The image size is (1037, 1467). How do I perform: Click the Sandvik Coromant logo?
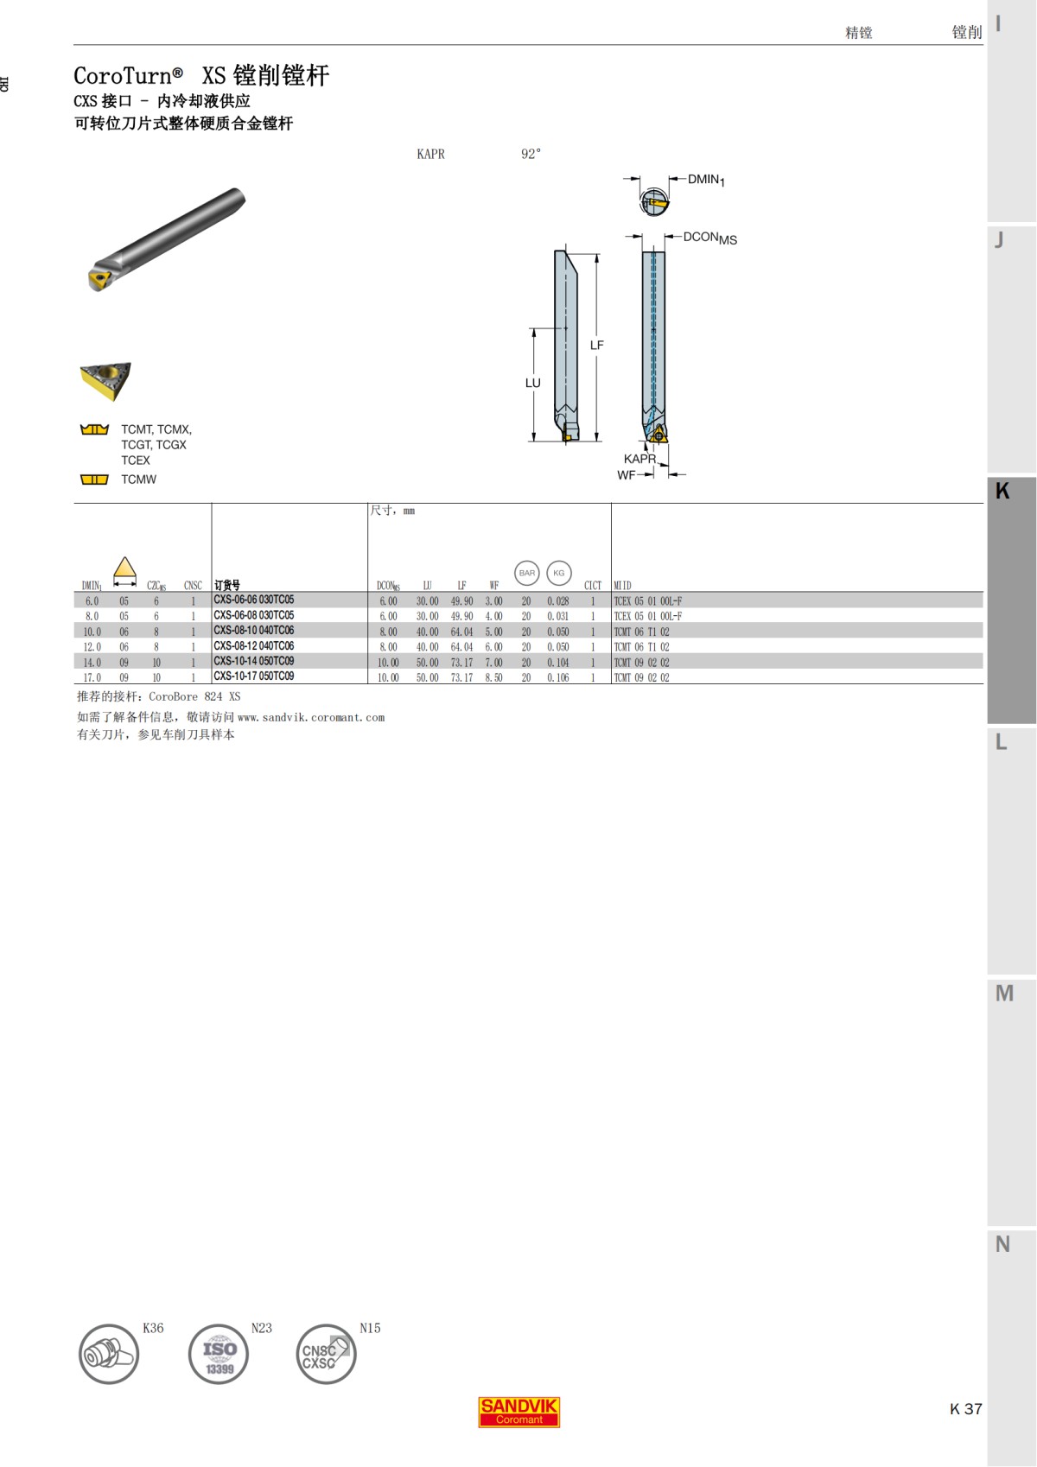pos(518,1412)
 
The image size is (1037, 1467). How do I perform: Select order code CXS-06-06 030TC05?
pos(254,600)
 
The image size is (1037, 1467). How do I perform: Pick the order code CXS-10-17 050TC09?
pos(254,676)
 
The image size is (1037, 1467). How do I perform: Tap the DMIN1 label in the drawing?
pos(706,180)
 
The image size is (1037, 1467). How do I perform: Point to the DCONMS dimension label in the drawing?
pos(709,238)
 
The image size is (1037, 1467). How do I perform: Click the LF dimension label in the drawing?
pos(596,345)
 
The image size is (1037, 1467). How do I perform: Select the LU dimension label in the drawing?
pos(532,383)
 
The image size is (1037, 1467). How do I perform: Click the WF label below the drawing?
pos(626,475)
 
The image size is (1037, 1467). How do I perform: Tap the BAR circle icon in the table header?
pos(527,573)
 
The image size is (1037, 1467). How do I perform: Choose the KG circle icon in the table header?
pos(559,573)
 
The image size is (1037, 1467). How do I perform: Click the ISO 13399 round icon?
pos(219,1354)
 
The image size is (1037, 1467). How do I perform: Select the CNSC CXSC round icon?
pos(325,1354)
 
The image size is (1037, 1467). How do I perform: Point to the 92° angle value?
pos(531,154)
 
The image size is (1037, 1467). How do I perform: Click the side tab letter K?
pos(1002,491)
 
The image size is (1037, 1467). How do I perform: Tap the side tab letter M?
pos(1004,994)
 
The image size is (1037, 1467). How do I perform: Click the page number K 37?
pos(965,1409)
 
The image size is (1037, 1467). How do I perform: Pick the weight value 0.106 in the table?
pos(557,678)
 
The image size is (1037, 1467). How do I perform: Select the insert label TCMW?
pos(138,479)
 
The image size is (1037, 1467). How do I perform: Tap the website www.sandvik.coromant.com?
pos(311,717)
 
